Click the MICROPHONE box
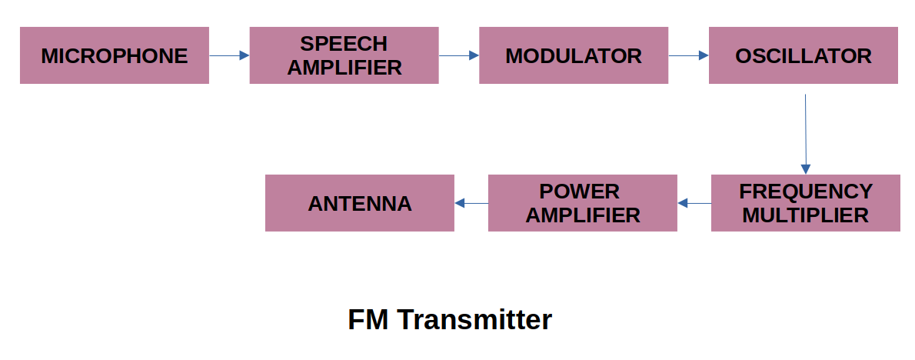point(114,55)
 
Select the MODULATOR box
point(573,55)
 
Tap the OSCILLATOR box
point(803,55)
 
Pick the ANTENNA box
point(359,203)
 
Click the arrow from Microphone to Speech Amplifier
point(228,55)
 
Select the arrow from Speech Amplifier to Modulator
point(458,55)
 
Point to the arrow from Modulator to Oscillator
point(688,55)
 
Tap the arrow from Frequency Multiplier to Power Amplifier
point(694,203)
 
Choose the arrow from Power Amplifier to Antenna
point(471,203)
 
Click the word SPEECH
point(344,44)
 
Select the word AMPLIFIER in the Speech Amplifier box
point(344,68)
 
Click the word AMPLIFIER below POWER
point(582,215)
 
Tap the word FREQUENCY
point(805,192)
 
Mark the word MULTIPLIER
point(805,215)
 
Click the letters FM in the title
point(368,319)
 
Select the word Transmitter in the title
point(474,319)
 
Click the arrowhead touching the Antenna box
point(460,203)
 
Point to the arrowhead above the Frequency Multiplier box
point(806,169)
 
